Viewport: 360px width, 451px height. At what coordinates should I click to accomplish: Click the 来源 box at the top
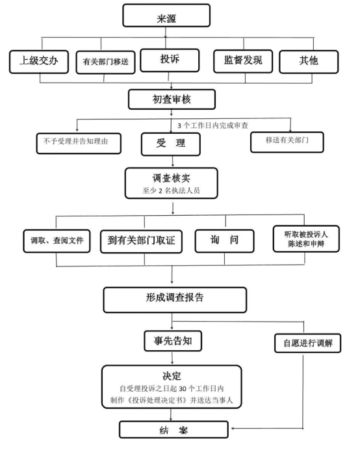pyautogui.click(x=166, y=16)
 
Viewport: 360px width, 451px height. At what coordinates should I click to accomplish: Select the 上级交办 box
pyautogui.click(x=39, y=62)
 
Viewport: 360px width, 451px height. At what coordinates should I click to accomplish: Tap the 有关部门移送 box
pyautogui.click(x=105, y=62)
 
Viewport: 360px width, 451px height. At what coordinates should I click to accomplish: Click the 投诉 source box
pyautogui.click(x=170, y=60)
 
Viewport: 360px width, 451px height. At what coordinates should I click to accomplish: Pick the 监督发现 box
pyautogui.click(x=243, y=61)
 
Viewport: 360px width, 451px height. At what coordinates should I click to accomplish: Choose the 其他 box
pyautogui.click(x=309, y=62)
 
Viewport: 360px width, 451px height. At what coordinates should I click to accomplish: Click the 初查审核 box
pyautogui.click(x=172, y=99)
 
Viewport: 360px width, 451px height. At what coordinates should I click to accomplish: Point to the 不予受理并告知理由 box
pyautogui.click(x=79, y=143)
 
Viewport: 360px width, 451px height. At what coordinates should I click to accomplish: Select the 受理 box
pyautogui.click(x=171, y=144)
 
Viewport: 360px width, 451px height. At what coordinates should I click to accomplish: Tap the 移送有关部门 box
pyautogui.click(x=287, y=142)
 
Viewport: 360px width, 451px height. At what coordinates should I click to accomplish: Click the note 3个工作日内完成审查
pyautogui.click(x=212, y=125)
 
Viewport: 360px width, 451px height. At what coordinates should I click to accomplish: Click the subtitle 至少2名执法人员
pyautogui.click(x=171, y=190)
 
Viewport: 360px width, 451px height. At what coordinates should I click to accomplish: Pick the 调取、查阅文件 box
pyautogui.click(x=57, y=241)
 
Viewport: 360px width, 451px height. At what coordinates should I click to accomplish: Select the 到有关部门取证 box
pyautogui.click(x=141, y=242)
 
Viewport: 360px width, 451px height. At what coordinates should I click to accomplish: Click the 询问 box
pyautogui.click(x=224, y=241)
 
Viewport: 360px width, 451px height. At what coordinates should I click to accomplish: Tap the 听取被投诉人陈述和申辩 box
pyautogui.click(x=306, y=238)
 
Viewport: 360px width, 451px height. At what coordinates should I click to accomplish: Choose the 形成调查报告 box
pyautogui.click(x=175, y=300)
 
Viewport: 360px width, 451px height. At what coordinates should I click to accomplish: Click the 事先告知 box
pyautogui.click(x=173, y=341)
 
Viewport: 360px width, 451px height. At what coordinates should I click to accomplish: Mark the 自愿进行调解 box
pyautogui.click(x=307, y=343)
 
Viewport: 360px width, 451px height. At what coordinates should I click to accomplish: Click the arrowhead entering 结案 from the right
pyautogui.click(x=233, y=428)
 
